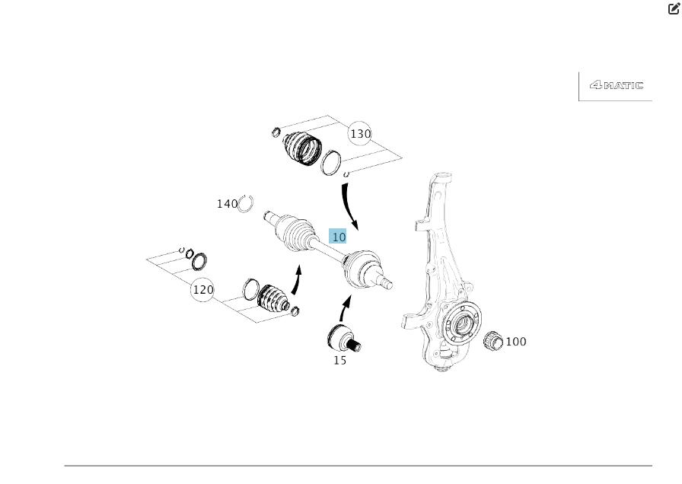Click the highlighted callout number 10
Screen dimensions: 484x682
[338, 237]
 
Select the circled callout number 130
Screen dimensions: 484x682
[360, 134]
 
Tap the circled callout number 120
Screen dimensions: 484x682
[202, 290]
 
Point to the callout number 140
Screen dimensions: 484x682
[227, 204]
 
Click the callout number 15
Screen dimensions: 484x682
[339, 360]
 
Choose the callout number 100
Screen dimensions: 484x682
[516, 342]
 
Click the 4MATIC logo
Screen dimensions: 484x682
[616, 85]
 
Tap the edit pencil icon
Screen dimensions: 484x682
[674, 9]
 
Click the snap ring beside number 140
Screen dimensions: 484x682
[245, 203]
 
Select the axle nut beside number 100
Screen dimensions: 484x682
[492, 340]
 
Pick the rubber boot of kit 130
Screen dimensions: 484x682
[301, 147]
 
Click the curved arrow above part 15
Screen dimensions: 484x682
[344, 308]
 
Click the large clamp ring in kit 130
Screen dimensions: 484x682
[330, 162]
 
